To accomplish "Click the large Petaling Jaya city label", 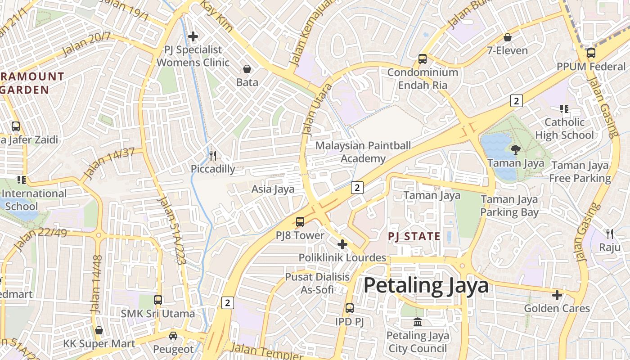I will point(426,286).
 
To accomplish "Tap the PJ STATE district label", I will point(414,236).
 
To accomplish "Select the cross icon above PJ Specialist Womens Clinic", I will point(193,36).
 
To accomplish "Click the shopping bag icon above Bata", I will point(247,69).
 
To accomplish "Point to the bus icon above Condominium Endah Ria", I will point(422,58).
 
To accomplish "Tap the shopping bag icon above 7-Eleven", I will point(508,37).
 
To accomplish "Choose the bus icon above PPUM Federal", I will point(591,53).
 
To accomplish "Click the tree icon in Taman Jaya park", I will point(515,149).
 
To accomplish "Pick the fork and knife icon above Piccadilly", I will point(213,156).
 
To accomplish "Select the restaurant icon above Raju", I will point(610,234).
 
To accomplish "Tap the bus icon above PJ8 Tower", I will point(300,222).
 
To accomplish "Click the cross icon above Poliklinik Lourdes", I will point(342,244).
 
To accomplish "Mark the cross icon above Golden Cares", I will point(557,295).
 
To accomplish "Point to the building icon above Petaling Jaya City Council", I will point(418,322).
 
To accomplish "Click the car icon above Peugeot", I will point(173,336).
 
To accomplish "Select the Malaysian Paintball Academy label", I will point(363,152).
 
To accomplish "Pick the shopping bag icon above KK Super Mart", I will point(99,330).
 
